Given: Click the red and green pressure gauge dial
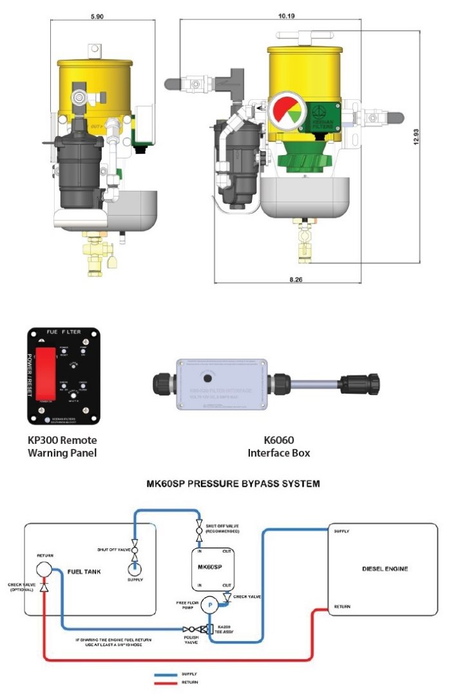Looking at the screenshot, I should coord(287,111).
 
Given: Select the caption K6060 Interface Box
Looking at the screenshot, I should coord(278,446).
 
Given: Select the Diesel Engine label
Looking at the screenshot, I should coord(384,569).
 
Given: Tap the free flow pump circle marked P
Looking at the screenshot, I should coord(209,606).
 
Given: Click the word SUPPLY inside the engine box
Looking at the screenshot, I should coord(341,531).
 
